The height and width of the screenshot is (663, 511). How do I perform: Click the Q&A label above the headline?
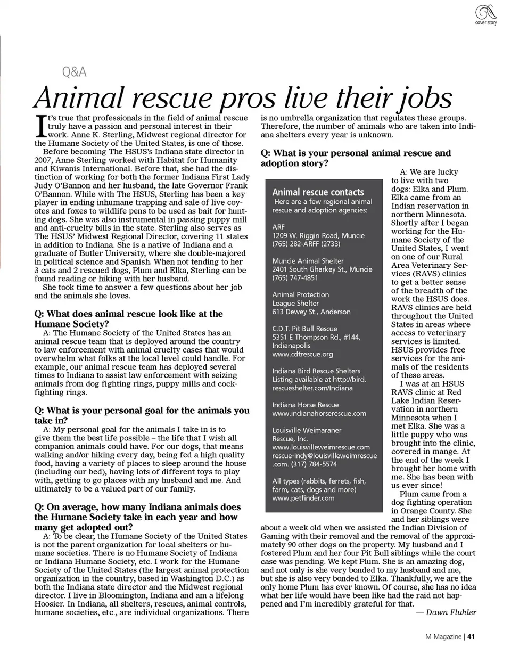(74, 72)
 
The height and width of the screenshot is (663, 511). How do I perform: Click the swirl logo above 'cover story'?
(485, 12)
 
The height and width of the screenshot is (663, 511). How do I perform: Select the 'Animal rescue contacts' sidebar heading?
(318, 192)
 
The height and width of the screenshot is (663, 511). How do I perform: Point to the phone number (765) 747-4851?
(295, 278)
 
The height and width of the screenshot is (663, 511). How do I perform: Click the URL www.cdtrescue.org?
(302, 354)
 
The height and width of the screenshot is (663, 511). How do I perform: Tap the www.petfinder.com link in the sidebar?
(303, 498)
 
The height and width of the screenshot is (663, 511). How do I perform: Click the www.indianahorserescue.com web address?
(319, 413)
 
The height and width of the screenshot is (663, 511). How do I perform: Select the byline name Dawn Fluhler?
(450, 612)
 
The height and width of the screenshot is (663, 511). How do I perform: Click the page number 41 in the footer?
(471, 637)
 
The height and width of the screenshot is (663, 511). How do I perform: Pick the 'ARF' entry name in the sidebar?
(278, 227)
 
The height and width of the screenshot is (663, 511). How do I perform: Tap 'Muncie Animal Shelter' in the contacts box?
(308, 261)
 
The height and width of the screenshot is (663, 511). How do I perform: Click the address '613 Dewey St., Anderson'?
(311, 312)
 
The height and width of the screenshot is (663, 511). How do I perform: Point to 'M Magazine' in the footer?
(443, 637)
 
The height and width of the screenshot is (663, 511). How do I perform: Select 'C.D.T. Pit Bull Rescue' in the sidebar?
(304, 329)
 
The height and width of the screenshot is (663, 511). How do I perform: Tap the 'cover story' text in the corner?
(485, 23)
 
